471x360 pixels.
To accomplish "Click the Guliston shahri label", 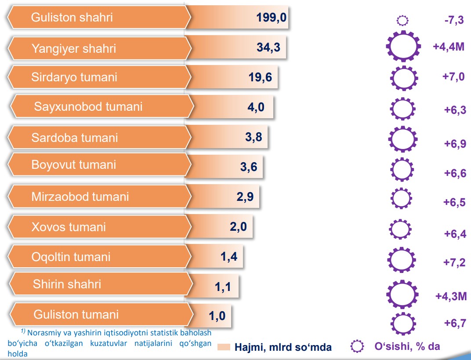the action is [x=72, y=18].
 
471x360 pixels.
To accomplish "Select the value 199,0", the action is [x=271, y=18].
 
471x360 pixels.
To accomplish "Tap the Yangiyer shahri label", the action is [x=74, y=48].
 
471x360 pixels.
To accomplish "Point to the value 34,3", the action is [x=268, y=47].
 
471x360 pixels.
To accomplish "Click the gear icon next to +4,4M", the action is [x=403, y=46].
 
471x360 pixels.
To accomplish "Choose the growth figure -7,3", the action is [x=454, y=20].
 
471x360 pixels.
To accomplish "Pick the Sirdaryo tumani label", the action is [x=74, y=77].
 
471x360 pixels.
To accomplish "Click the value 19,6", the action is [x=260, y=77].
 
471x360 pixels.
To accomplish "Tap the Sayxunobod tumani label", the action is [x=88, y=107].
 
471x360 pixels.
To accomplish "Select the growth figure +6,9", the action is [x=455, y=143].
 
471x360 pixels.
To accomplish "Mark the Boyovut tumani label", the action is [x=74, y=165].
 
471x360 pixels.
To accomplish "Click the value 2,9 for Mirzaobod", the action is [x=245, y=196].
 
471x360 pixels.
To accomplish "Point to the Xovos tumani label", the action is [x=69, y=227].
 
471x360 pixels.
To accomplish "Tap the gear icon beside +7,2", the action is [x=402, y=260].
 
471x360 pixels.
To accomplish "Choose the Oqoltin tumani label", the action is [x=71, y=257].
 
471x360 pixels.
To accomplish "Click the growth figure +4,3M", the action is [x=451, y=296].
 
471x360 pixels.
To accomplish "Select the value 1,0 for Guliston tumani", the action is [x=217, y=316].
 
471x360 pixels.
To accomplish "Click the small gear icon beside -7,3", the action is [x=402, y=21].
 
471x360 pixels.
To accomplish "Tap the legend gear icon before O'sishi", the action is [x=357, y=346].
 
